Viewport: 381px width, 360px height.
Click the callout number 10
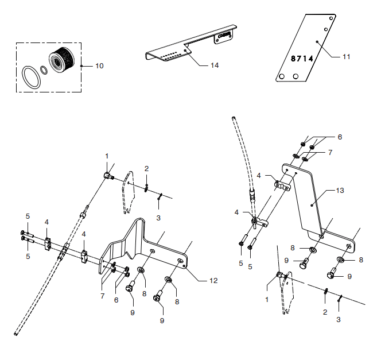(x=99, y=66)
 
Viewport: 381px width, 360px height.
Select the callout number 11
(x=345, y=56)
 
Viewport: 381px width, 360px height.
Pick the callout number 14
(x=214, y=65)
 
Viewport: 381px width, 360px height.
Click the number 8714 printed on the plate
(x=301, y=59)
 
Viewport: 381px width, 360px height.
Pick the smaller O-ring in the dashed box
(x=44, y=70)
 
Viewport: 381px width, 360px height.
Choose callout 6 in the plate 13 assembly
(x=339, y=137)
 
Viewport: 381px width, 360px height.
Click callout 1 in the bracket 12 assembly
(x=107, y=156)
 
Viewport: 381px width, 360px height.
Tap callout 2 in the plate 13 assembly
(x=325, y=312)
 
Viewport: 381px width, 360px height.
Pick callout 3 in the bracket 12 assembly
(x=158, y=218)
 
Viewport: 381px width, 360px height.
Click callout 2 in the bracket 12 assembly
(x=146, y=169)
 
